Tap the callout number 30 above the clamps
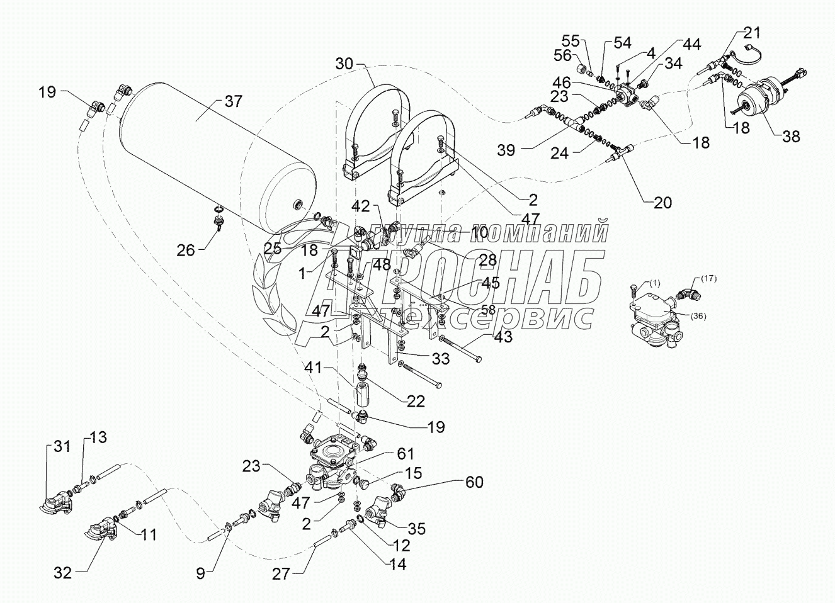[344, 64]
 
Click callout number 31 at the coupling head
[61, 446]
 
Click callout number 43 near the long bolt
[503, 337]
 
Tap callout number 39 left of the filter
[506, 150]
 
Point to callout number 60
[474, 482]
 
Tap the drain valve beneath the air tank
[221, 222]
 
